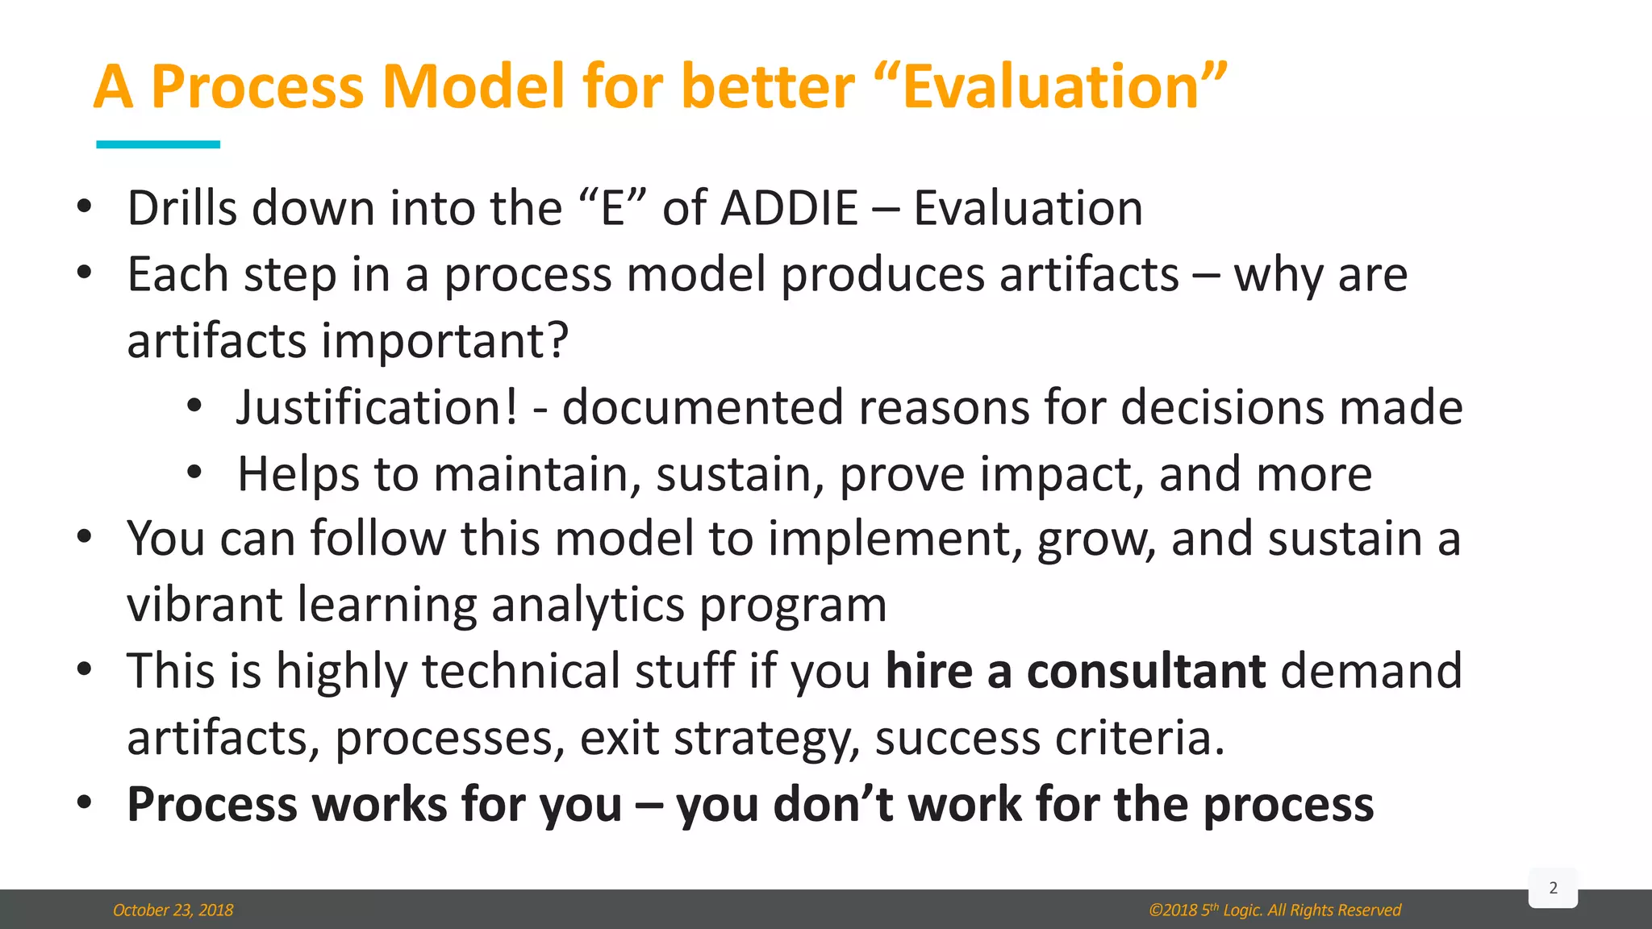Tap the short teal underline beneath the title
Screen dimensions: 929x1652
tap(158, 144)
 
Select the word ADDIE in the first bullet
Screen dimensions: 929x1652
tap(789, 208)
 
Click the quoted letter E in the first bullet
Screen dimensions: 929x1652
tap(613, 208)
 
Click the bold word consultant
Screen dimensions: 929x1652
tap(1145, 671)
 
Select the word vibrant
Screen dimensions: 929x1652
tap(204, 605)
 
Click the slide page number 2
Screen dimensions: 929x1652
tap(1553, 888)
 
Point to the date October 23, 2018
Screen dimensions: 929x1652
tap(173, 910)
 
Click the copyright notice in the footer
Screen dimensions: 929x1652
tap(1274, 910)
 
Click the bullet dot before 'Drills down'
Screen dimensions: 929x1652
tap(85, 207)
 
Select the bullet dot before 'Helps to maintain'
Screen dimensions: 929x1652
tap(194, 473)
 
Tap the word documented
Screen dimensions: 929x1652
tap(702, 406)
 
